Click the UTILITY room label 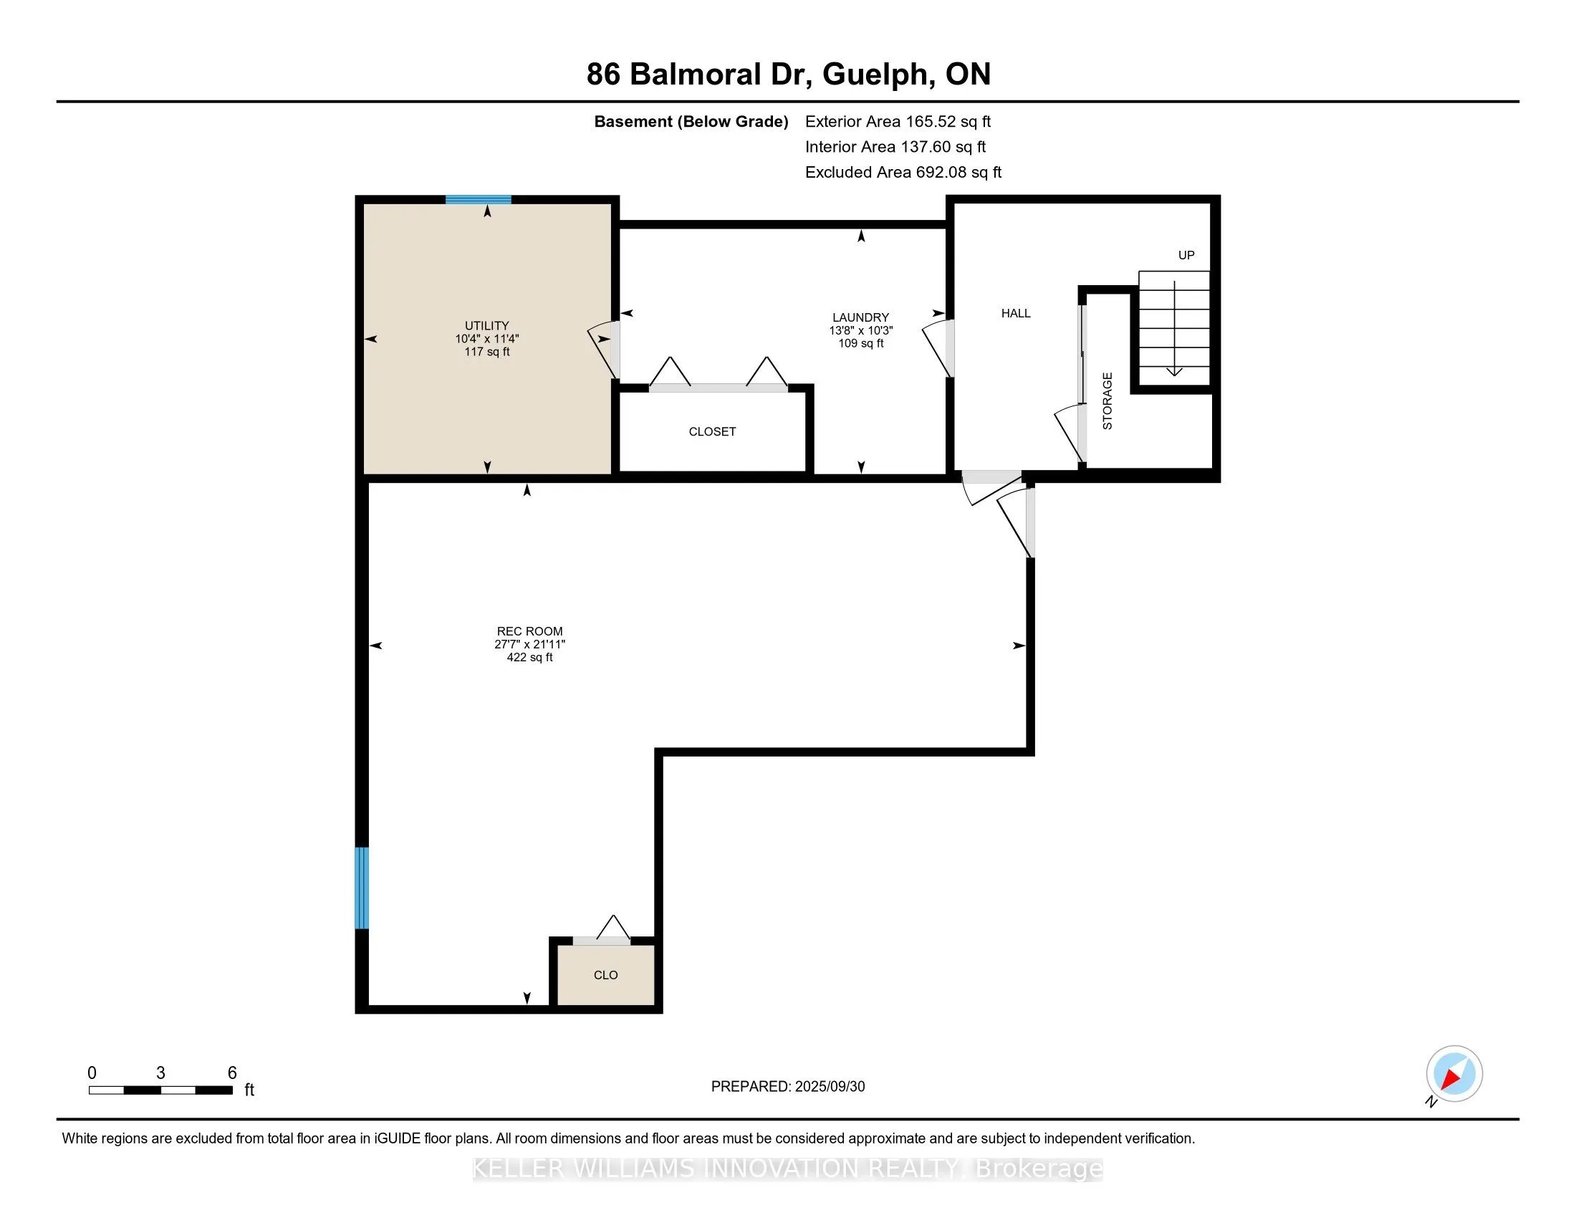tap(487, 325)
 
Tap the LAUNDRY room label tap(861, 317)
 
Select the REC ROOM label tap(529, 631)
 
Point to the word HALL tap(1016, 313)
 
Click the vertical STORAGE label tap(1107, 401)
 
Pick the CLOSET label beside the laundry tap(712, 431)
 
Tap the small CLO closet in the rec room tap(605, 975)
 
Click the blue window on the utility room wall tap(479, 200)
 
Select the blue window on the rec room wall tap(362, 888)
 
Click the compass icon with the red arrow tap(1454, 1074)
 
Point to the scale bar tap(161, 1090)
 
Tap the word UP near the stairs tap(1186, 256)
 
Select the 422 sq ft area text tap(529, 657)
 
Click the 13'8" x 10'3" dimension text tap(861, 330)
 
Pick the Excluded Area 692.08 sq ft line tap(903, 173)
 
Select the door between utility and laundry tap(605, 350)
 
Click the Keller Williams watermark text tap(788, 1169)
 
